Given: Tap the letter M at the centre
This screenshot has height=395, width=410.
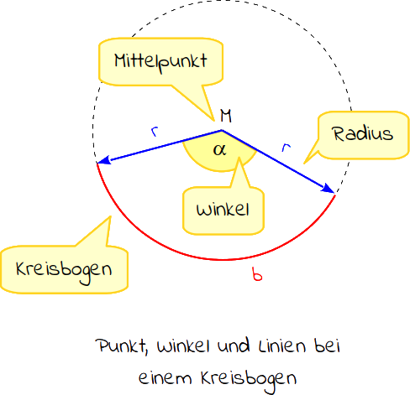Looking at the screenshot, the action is [x=226, y=116].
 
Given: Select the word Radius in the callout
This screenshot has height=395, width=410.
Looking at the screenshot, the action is [x=363, y=133].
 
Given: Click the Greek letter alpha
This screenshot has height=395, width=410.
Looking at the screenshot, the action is [x=219, y=150].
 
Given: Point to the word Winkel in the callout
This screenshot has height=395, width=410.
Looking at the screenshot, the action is [x=223, y=209].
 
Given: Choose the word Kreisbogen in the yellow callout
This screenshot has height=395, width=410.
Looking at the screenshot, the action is [x=64, y=271].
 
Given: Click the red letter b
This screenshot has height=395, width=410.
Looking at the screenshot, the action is [x=257, y=274].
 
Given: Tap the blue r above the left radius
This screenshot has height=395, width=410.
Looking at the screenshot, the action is [x=155, y=132].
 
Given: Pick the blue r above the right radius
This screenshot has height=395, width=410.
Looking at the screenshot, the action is [x=286, y=147].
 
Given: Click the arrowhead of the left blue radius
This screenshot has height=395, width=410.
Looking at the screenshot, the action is [x=104, y=161].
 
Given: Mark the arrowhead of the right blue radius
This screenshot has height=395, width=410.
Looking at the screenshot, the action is [x=328, y=188].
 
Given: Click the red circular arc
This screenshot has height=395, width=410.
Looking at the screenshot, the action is [x=224, y=260].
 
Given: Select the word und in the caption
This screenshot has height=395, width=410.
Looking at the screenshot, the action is [x=234, y=346].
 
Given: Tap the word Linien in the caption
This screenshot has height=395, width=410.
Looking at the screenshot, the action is [x=282, y=346].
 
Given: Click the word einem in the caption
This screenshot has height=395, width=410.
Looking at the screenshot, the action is [x=166, y=378].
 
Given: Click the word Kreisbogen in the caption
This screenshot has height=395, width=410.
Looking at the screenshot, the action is [x=249, y=380].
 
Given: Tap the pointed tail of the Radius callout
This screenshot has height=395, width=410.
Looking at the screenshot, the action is [x=304, y=164].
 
